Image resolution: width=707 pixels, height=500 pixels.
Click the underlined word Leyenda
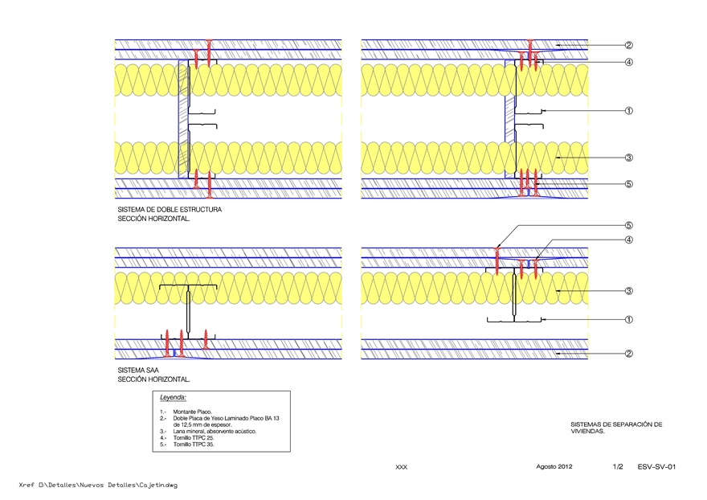tap(173, 398)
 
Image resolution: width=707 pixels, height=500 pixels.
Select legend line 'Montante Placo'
tap(187, 412)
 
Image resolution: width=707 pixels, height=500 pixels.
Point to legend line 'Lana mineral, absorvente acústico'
tap(208, 432)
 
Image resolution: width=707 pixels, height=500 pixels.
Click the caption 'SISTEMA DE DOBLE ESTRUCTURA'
tap(170, 210)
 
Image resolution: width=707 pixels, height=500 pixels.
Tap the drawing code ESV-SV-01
tap(657, 466)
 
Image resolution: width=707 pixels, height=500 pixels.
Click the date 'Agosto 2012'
tap(554, 466)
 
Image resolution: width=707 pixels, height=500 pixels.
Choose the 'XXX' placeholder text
tap(402, 467)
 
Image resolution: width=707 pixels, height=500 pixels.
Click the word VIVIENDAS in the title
tap(586, 431)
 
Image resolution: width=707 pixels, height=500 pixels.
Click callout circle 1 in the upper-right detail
tap(629, 111)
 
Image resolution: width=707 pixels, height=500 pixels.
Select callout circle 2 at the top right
tap(629, 45)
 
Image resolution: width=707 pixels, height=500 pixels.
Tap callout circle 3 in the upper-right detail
tap(629, 158)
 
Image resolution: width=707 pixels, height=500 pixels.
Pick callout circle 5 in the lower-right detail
tap(629, 226)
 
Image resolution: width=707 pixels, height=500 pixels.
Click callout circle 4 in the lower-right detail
tap(629, 240)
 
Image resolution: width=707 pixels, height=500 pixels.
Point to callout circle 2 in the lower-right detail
tap(629, 353)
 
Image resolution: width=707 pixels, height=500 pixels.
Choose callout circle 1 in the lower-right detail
tap(629, 319)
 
